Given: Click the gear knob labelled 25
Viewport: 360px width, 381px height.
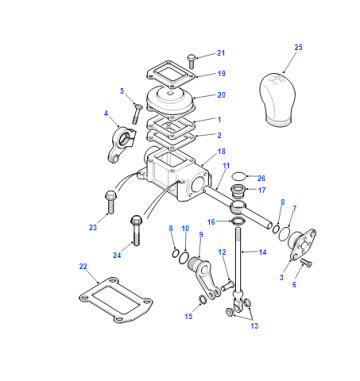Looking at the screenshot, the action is point(277,99).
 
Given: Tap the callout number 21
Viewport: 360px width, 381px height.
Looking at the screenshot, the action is point(221,53).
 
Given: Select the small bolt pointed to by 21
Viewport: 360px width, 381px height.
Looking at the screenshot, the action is point(191,61).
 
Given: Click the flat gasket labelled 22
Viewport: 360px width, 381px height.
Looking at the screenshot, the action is point(115,300).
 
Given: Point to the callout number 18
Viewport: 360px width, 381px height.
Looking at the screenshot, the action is point(221,151).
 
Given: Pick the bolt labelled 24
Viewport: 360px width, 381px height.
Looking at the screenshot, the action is point(136,230).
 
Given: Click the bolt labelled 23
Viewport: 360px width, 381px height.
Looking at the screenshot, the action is point(110,202).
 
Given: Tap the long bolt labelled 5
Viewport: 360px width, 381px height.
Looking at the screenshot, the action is point(137,114).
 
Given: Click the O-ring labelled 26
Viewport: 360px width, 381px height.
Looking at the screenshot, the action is point(240,176).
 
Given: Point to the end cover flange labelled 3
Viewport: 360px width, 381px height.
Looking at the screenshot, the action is point(302,244).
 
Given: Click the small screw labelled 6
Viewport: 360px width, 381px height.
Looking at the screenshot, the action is point(306,263).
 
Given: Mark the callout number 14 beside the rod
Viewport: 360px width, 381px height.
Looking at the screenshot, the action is point(263,252).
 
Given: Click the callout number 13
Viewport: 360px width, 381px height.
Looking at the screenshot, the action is point(255,326).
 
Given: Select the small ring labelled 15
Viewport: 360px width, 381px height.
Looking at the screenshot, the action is point(203,299).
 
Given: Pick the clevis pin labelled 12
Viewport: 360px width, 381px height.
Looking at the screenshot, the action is point(226,286).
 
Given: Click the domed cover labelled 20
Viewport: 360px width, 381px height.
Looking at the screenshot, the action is point(171,99).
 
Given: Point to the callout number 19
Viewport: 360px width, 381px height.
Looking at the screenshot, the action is point(221,74).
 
